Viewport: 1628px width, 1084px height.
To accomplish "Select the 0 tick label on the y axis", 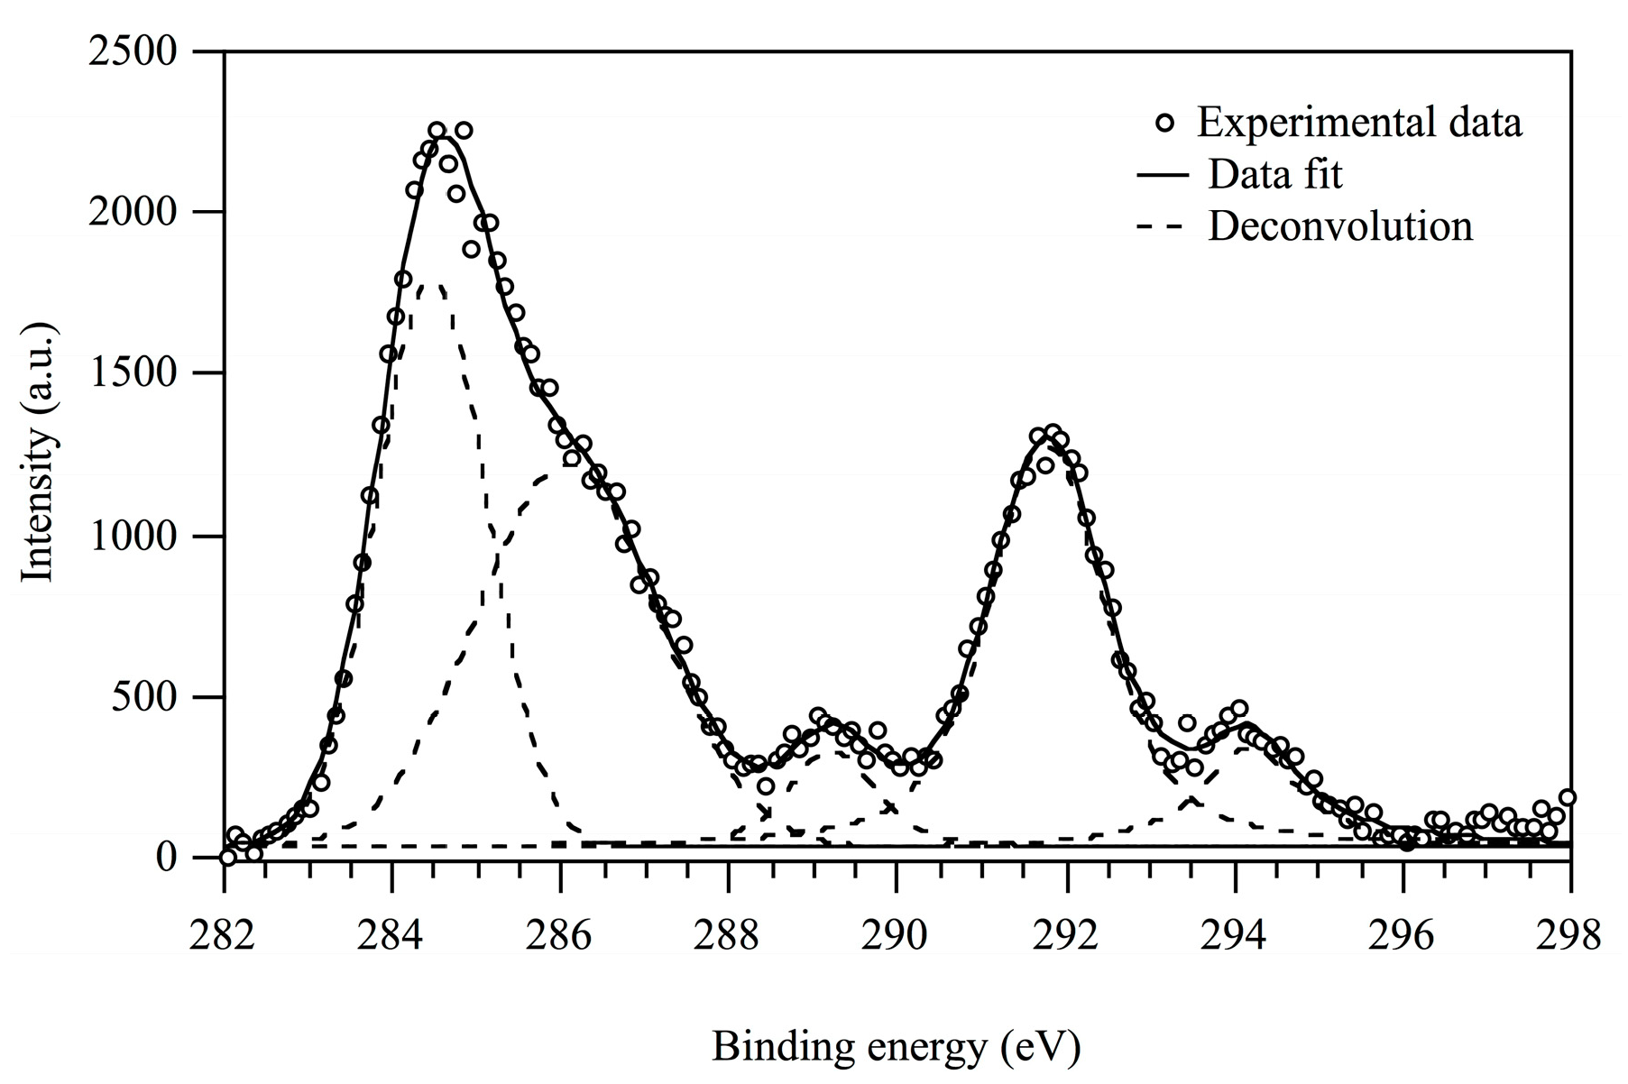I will [x=167, y=857].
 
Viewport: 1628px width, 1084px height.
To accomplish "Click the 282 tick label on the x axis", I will [x=223, y=935].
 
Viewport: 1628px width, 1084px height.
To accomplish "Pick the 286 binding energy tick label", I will [x=560, y=935].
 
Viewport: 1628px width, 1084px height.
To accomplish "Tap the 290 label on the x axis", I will [x=897, y=935].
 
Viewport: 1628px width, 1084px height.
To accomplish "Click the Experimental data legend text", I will [x=1358, y=123].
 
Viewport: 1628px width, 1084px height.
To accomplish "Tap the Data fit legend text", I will [x=1274, y=174].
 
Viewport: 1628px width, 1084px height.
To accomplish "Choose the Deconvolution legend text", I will [x=1339, y=225].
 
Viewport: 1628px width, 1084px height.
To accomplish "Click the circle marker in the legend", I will [x=1165, y=123].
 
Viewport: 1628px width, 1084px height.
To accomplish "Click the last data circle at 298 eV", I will [x=1568, y=797].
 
